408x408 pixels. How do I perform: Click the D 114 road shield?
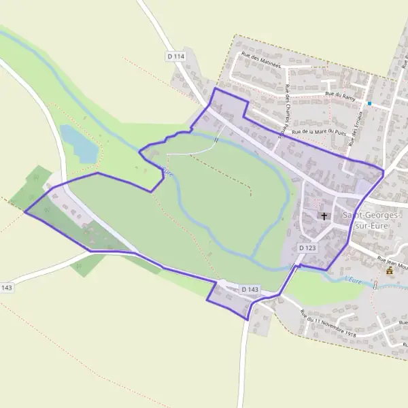pos(175,56)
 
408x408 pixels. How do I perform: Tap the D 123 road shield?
pos(307,249)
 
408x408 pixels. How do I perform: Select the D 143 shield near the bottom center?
pos(250,290)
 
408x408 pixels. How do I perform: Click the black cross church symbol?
pos(324,216)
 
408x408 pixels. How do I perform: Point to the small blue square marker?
pos(369,103)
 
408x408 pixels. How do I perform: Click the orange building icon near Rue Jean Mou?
pos(390,271)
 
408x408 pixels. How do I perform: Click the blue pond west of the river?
pos(78,143)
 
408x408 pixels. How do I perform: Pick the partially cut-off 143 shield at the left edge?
pos(6,288)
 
